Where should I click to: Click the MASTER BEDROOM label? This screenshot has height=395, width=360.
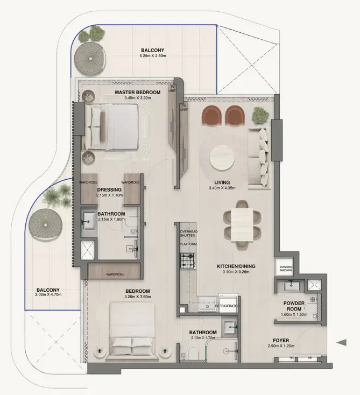click(x=137, y=92)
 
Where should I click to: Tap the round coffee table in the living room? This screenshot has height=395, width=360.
click(x=222, y=158)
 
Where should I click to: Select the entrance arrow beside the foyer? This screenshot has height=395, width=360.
click(x=341, y=342)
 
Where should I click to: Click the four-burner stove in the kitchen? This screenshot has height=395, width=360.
click(x=187, y=262)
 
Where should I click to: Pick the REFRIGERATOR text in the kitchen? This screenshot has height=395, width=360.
click(x=227, y=306)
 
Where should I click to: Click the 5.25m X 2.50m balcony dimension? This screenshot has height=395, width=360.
click(x=152, y=57)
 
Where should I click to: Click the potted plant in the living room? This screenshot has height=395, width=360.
click(x=260, y=114)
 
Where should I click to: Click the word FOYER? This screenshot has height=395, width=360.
click(x=281, y=340)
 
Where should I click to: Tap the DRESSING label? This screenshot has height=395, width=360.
click(x=109, y=189)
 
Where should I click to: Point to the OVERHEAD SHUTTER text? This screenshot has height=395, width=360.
click(x=188, y=233)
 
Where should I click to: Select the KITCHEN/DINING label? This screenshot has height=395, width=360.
click(x=236, y=266)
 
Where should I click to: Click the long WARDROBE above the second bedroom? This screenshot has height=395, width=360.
click(x=115, y=274)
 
